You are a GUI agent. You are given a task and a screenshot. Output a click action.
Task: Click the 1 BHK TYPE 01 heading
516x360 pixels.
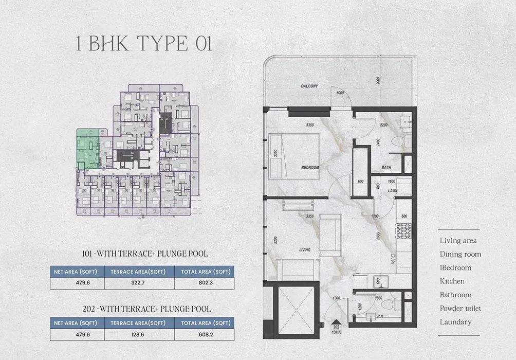[x=143, y=44]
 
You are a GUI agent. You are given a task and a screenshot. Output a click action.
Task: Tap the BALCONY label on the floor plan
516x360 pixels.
[x=309, y=86]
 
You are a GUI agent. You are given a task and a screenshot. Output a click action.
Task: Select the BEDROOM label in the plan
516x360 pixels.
[x=310, y=168]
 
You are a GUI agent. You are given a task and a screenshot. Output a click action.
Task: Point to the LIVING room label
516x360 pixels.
[x=304, y=250]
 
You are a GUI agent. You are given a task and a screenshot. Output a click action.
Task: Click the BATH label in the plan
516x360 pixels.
[x=387, y=168]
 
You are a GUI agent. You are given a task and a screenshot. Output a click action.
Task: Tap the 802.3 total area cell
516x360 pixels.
[x=204, y=283]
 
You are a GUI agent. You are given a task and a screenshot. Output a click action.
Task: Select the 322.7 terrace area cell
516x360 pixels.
[x=139, y=283]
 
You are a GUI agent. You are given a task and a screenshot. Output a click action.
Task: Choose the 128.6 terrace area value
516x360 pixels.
[x=139, y=334]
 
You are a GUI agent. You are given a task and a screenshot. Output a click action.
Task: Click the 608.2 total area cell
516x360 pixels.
[x=204, y=334]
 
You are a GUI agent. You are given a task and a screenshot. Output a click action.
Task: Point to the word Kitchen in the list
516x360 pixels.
[x=452, y=281]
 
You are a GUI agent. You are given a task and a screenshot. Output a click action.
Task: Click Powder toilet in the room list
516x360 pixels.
[x=460, y=309]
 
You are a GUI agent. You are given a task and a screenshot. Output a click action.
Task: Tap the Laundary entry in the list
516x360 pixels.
[x=455, y=322]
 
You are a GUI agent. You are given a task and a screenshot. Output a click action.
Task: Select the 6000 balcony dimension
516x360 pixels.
[x=340, y=93]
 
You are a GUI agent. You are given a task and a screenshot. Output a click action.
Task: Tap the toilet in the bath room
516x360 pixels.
[x=398, y=141]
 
